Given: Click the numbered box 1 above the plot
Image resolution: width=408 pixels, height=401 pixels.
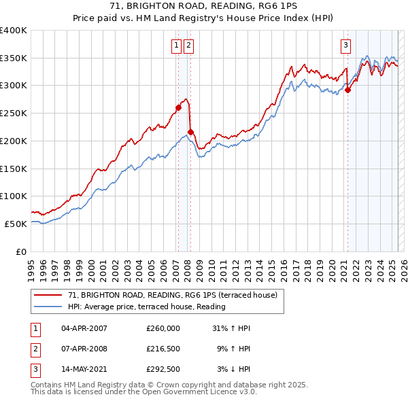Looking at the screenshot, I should click(176, 46).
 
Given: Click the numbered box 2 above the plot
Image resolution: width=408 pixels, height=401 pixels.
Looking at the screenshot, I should click(188, 46).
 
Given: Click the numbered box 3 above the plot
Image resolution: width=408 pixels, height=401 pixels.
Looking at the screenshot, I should click(345, 46).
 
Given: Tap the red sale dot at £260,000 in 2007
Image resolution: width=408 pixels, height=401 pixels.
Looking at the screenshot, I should click(178, 107).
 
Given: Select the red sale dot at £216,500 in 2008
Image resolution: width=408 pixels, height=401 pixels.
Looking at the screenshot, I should click(190, 131).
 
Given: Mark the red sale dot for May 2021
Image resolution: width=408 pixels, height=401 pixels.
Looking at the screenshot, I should click(347, 89).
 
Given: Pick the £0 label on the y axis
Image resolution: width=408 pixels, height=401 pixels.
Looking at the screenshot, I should click(21, 251).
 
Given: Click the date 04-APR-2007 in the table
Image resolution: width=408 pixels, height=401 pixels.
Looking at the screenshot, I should click(84, 328).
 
